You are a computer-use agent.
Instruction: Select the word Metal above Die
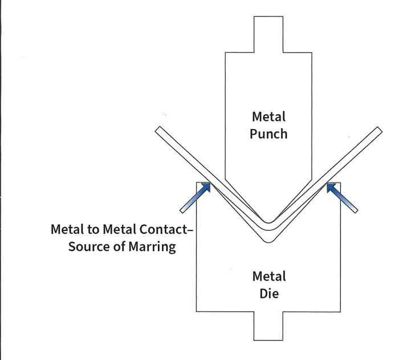point(268,277)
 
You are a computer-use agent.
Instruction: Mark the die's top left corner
point(197,183)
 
